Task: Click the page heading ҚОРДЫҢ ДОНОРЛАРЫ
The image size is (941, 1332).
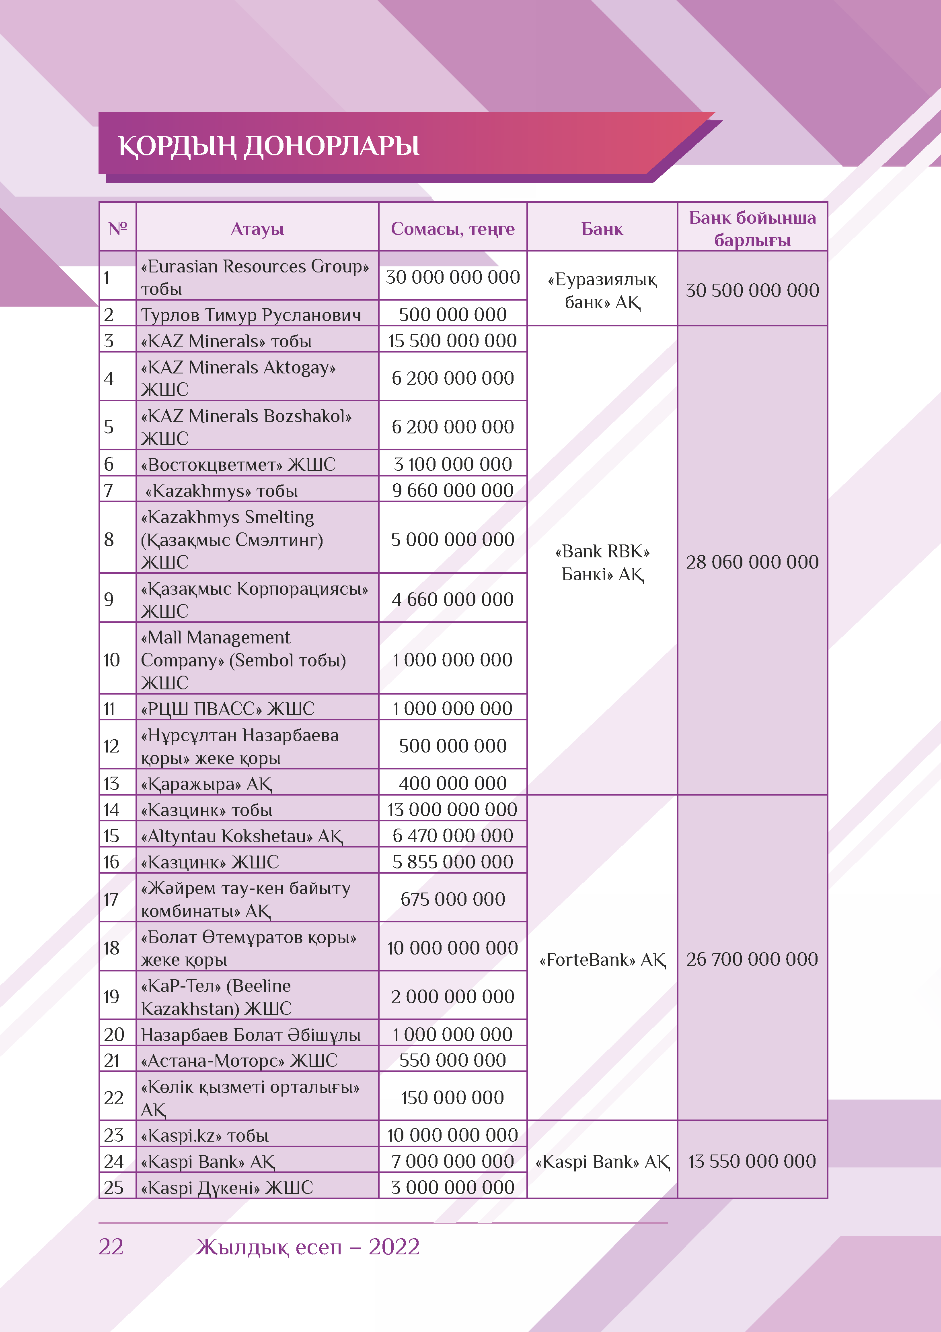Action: tap(269, 146)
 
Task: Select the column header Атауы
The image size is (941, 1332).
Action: tap(257, 229)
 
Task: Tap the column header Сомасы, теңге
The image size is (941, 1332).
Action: tap(452, 229)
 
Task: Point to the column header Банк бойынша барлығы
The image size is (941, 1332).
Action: tap(752, 229)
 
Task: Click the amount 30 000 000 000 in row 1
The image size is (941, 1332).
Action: tap(452, 277)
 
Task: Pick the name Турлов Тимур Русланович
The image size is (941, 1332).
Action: tap(251, 315)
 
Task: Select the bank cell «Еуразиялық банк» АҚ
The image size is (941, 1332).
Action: tap(602, 291)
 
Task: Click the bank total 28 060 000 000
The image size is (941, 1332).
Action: tap(752, 562)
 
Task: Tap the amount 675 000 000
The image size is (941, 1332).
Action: tap(452, 899)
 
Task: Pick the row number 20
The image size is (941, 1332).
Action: tap(114, 1034)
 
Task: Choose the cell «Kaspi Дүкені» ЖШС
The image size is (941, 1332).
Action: tap(227, 1188)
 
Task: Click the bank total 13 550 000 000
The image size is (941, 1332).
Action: tap(752, 1161)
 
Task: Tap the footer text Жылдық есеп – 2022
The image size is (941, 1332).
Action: tap(307, 1247)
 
